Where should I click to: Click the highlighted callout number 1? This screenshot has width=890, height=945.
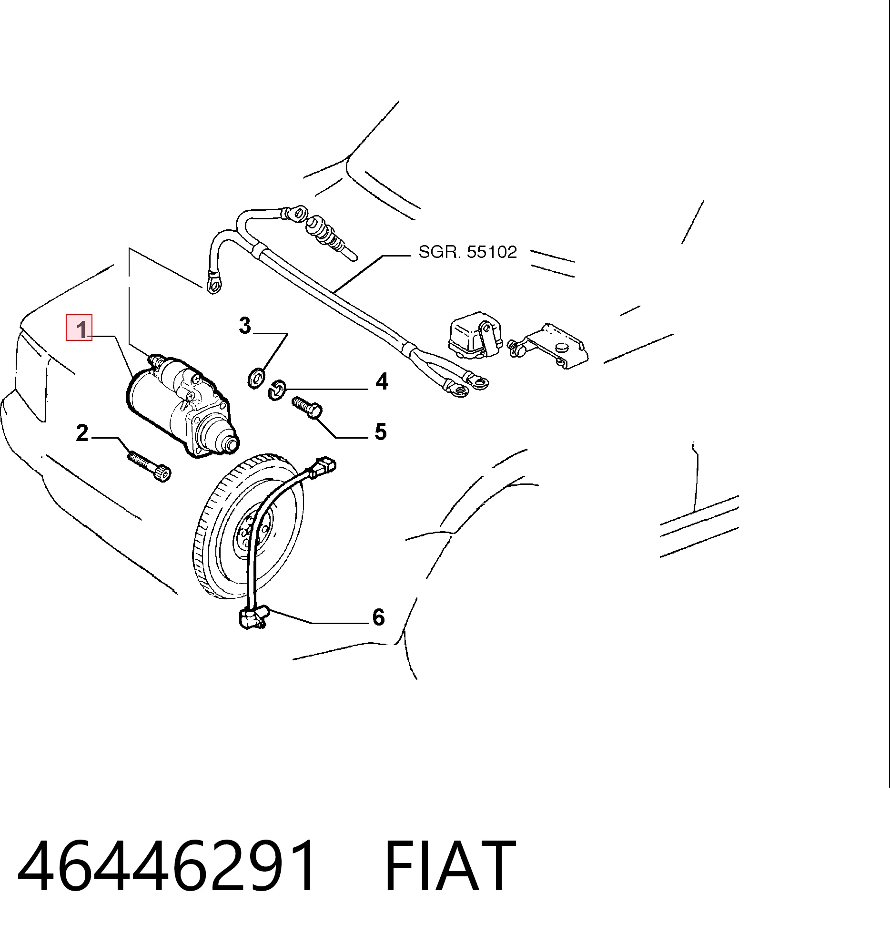82,329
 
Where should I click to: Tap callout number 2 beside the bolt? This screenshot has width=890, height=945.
82,433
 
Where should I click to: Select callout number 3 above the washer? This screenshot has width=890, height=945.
245,326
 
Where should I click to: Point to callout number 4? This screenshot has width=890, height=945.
382,381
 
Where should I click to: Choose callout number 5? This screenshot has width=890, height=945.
381,431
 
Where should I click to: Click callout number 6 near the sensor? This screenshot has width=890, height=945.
379,617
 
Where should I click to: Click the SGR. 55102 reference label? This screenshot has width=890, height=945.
468,252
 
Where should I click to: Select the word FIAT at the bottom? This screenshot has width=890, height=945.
450,865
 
